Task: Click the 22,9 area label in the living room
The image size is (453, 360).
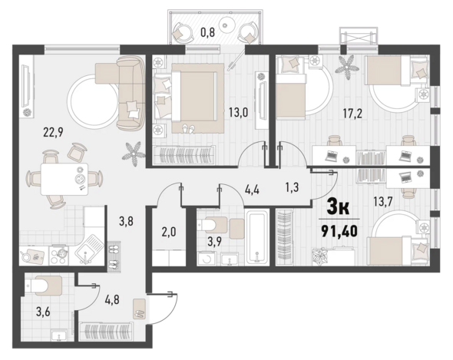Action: pos(53,132)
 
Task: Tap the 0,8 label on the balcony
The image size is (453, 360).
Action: pos(208,32)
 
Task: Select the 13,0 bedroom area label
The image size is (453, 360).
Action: pos(238,112)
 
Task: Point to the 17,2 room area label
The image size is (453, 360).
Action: pos(352,114)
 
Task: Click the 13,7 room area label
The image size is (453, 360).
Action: pos(382,202)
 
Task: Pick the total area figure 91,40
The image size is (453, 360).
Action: pos(339,231)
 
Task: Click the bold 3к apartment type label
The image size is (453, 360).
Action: pos(338,207)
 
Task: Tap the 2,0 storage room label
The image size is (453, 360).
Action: pos(169,232)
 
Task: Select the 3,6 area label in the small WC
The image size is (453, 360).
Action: pos(43,312)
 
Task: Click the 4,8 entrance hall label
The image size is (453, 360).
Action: pos(111,299)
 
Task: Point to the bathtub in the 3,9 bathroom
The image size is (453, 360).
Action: pos(257,236)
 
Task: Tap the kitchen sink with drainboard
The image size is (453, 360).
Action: pos(89,249)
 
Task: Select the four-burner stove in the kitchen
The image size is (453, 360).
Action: pos(59,256)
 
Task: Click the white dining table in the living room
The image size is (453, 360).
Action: pos(64,179)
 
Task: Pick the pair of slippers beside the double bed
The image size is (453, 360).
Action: pos(188,129)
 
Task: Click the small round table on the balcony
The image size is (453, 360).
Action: pos(227,24)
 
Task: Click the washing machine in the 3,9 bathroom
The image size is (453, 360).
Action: pos(207,258)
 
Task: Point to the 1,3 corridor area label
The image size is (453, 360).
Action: pos(292,187)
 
